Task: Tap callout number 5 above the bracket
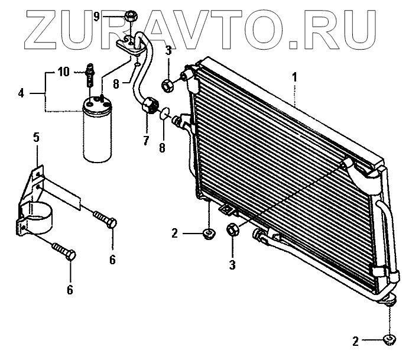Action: click(36, 138)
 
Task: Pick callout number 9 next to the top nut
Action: click(112, 16)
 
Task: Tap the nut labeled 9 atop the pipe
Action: click(131, 16)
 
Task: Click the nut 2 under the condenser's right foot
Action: click(389, 339)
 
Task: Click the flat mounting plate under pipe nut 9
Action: click(128, 44)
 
